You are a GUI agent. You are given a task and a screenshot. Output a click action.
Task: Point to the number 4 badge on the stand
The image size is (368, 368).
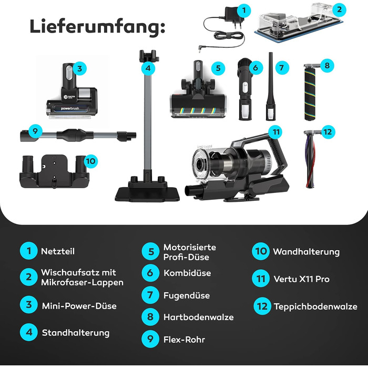pos(149,68)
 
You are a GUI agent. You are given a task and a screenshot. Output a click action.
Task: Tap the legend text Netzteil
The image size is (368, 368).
pos(58,251)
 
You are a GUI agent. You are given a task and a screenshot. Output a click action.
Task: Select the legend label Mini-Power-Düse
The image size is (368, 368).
pos(79,305)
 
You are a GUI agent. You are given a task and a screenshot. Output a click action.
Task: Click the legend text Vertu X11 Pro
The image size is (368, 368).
pos(301,279)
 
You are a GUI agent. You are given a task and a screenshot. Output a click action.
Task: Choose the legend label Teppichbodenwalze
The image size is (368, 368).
pos(315,306)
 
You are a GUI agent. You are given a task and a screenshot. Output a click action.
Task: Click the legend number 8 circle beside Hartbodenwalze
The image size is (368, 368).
pos(150,317)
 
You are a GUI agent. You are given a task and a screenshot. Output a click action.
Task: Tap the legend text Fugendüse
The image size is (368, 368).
pos(187,295)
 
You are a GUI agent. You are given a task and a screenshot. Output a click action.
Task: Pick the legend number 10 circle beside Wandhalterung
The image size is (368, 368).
pos(261,251)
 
